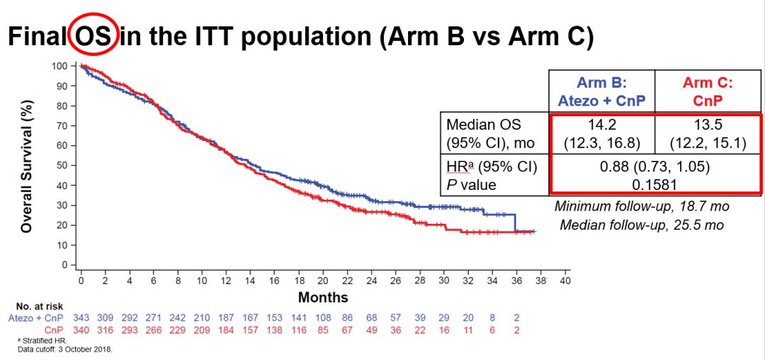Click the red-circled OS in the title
click(x=93, y=36)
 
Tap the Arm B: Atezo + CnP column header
click(x=601, y=91)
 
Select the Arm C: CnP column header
click(x=708, y=91)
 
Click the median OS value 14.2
click(x=601, y=124)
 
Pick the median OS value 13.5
click(x=708, y=124)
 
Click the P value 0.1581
click(x=655, y=184)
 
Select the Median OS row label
click(x=484, y=124)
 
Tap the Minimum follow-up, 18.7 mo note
click(x=642, y=207)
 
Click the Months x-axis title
click(x=322, y=297)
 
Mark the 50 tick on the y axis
click(x=62, y=165)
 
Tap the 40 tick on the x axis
click(x=565, y=281)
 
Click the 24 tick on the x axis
click(x=371, y=281)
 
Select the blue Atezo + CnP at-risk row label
click(x=35, y=319)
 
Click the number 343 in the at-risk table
click(x=81, y=319)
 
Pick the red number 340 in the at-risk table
click(x=81, y=330)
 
